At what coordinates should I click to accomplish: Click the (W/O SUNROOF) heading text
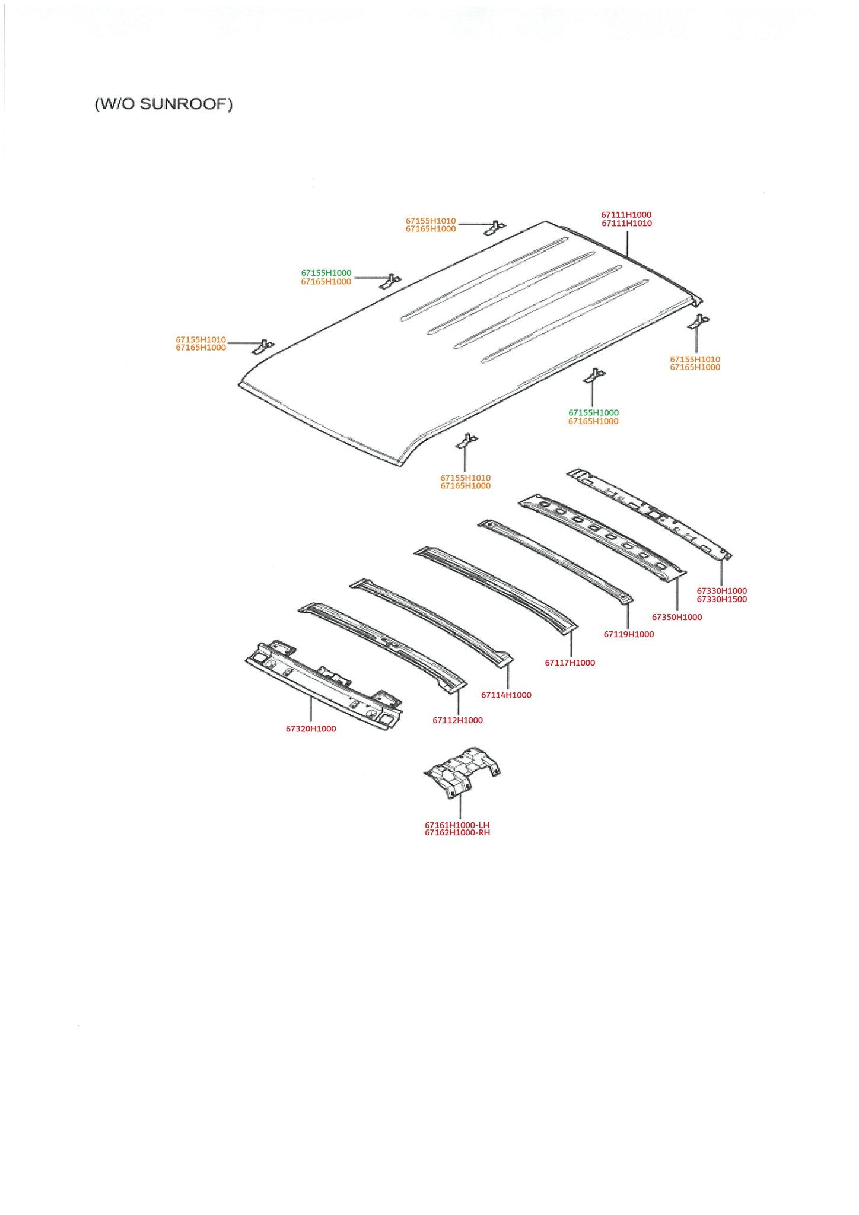point(164,104)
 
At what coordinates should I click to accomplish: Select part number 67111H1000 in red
point(626,215)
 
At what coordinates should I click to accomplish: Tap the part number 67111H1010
point(626,224)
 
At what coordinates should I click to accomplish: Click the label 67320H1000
point(311,729)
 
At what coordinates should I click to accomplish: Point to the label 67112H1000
point(457,720)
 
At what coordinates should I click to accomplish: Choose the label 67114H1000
point(506,695)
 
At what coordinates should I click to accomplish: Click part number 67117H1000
point(570,663)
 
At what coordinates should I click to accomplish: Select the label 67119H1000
point(629,634)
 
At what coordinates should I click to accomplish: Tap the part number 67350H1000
point(677,617)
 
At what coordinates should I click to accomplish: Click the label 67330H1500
point(721,599)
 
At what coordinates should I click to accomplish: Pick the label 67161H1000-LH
point(457,825)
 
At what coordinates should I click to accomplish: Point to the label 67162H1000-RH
point(457,832)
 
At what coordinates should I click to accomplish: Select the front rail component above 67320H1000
point(324,685)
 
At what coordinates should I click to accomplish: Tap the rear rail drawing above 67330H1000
point(650,514)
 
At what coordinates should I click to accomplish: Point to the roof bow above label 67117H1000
point(495,590)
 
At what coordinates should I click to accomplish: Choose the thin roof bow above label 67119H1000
point(555,561)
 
